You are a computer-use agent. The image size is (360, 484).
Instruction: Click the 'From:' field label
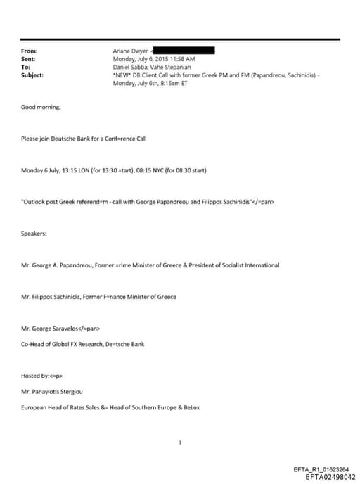(x=30, y=51)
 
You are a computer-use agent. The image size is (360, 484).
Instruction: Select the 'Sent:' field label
(x=29, y=59)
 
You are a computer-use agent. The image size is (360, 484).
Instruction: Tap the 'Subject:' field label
(x=32, y=75)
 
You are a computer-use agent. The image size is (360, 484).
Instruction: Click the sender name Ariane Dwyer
(x=130, y=51)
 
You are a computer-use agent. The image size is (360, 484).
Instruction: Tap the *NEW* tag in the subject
(x=123, y=75)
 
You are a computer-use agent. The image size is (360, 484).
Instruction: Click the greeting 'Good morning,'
(x=41, y=108)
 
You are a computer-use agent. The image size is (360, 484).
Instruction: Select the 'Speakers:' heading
(x=34, y=234)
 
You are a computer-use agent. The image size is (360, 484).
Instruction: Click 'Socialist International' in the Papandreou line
(x=250, y=265)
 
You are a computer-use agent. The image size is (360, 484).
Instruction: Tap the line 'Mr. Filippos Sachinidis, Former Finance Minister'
(x=98, y=297)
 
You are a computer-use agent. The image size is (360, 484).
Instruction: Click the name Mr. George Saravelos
(x=52, y=329)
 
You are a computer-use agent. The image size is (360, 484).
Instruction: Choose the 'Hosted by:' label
(x=37, y=376)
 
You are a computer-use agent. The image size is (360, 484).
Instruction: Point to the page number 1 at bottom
(x=181, y=442)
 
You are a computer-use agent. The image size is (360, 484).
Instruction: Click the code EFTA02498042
(x=330, y=476)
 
